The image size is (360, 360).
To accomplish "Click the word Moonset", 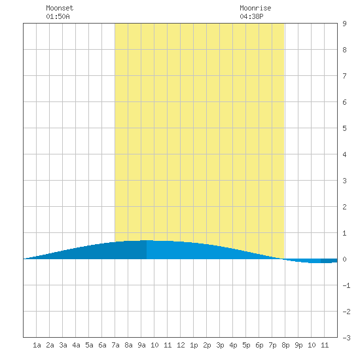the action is click(x=60, y=8).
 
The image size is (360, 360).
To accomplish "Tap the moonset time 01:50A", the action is click(x=58, y=16).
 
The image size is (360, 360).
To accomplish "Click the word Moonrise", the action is click(x=255, y=8).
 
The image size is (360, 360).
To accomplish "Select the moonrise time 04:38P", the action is click(x=251, y=16).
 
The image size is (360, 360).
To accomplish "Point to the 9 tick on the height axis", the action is click(x=344, y=24).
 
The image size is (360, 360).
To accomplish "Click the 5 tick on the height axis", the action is click(x=344, y=128).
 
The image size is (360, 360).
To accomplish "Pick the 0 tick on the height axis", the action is click(x=344, y=259).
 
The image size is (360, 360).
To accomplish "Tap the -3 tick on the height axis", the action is click(x=346, y=338).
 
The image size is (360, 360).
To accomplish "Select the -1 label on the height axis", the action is click(x=346, y=285).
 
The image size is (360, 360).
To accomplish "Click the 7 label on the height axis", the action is click(x=344, y=76).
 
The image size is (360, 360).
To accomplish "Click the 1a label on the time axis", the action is click(x=37, y=345).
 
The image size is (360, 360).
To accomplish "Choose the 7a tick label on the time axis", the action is click(x=115, y=345).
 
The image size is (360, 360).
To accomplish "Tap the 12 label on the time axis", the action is click(x=181, y=345).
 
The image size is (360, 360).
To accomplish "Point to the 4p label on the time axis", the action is click(x=233, y=345).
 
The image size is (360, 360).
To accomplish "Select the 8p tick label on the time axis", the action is click(x=285, y=345).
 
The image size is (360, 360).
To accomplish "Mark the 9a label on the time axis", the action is click(x=141, y=345).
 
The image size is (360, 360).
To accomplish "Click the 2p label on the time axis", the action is click(x=207, y=345).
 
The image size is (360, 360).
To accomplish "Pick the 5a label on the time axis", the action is click(x=89, y=345).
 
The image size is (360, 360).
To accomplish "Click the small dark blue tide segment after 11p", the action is click(x=329, y=261).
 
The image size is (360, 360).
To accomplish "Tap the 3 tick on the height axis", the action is click(x=344, y=181).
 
